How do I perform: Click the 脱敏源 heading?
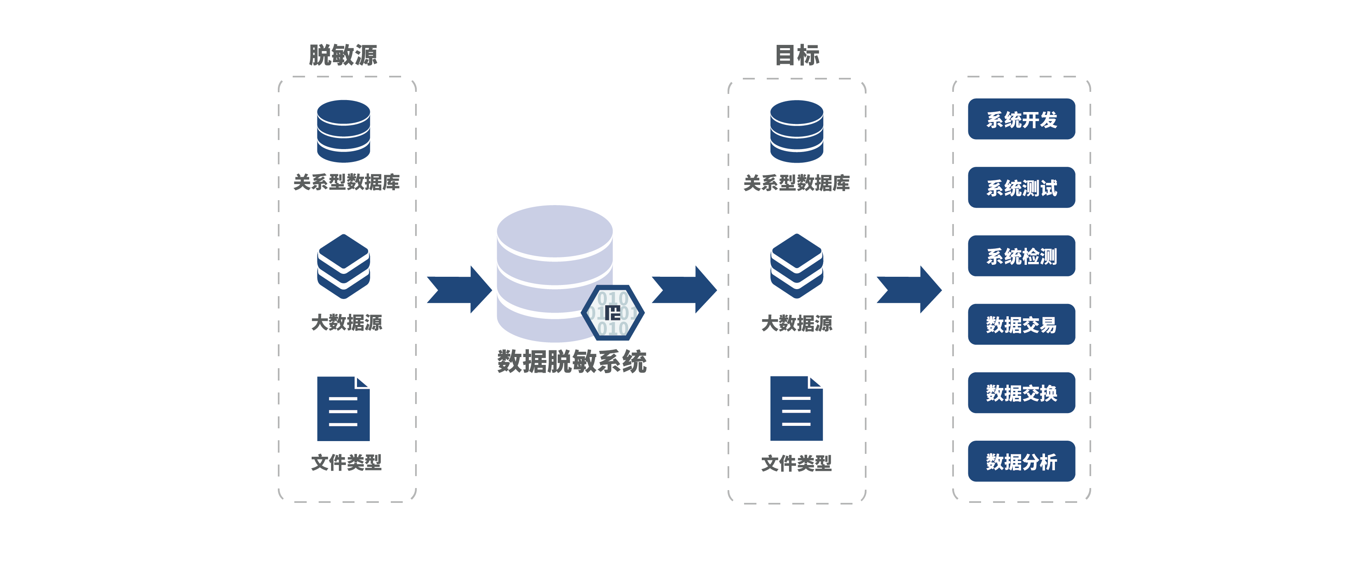point(343,55)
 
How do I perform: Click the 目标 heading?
point(797,55)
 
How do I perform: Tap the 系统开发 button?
point(1021,119)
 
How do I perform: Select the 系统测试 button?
point(1021,187)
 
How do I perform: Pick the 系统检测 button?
point(1021,256)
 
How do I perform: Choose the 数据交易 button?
point(1021,324)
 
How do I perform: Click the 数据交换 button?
point(1021,392)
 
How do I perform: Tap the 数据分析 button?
point(1021,461)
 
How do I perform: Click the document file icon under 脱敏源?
point(343,409)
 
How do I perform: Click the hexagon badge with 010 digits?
point(613,313)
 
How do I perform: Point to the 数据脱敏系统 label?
point(572,362)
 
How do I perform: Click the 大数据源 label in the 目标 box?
point(797,323)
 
